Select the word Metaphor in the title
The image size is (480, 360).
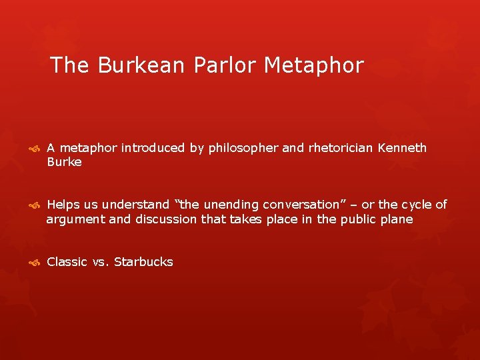[x=314, y=66]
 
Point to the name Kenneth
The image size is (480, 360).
[x=402, y=148]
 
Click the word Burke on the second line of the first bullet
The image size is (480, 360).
[x=64, y=162]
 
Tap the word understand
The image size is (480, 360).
[x=137, y=205]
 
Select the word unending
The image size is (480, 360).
[x=228, y=205]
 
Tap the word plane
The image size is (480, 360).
[x=398, y=219]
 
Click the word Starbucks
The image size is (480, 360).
[x=143, y=262]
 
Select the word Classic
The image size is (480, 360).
[x=67, y=262]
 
